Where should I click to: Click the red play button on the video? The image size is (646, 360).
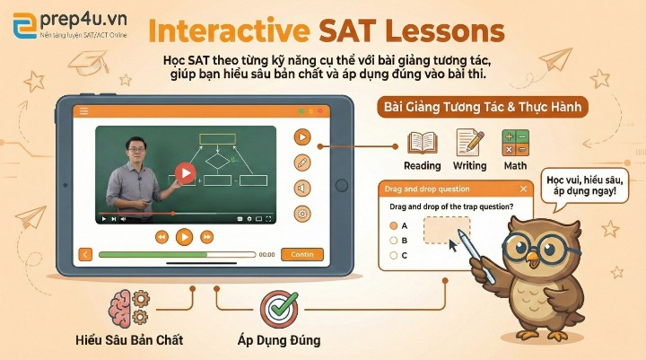tap(186, 172)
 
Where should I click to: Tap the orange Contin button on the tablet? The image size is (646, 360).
tap(302, 254)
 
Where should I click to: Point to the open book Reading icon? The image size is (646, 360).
tap(422, 142)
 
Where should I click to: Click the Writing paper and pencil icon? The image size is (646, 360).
tap(469, 142)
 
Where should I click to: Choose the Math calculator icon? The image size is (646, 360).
tap(516, 142)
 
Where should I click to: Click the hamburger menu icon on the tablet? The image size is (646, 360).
tap(83, 110)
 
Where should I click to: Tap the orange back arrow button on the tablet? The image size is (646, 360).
tap(85, 254)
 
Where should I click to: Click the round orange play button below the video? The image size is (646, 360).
tap(184, 236)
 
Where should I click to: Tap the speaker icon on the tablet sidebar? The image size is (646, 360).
tap(302, 188)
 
